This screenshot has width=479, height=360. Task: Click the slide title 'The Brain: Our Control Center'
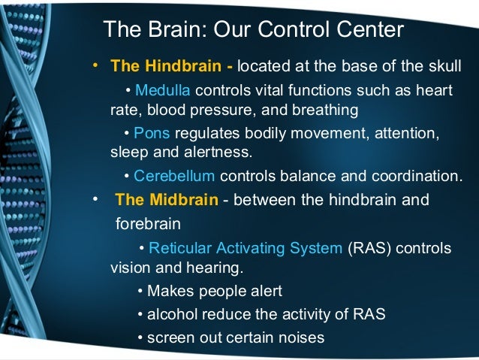point(253,30)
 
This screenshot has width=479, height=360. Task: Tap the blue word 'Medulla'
point(162,91)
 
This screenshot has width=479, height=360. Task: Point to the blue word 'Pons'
point(152,133)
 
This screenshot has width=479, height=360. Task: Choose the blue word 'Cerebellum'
point(174,177)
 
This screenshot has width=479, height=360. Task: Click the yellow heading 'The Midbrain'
point(166,201)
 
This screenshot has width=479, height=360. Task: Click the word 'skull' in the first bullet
point(444,66)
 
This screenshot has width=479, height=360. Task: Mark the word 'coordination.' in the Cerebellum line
point(420,177)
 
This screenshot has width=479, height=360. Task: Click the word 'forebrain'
point(150,224)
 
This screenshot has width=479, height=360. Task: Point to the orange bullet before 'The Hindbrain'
point(95,65)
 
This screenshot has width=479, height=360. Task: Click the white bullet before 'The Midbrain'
point(95,200)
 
